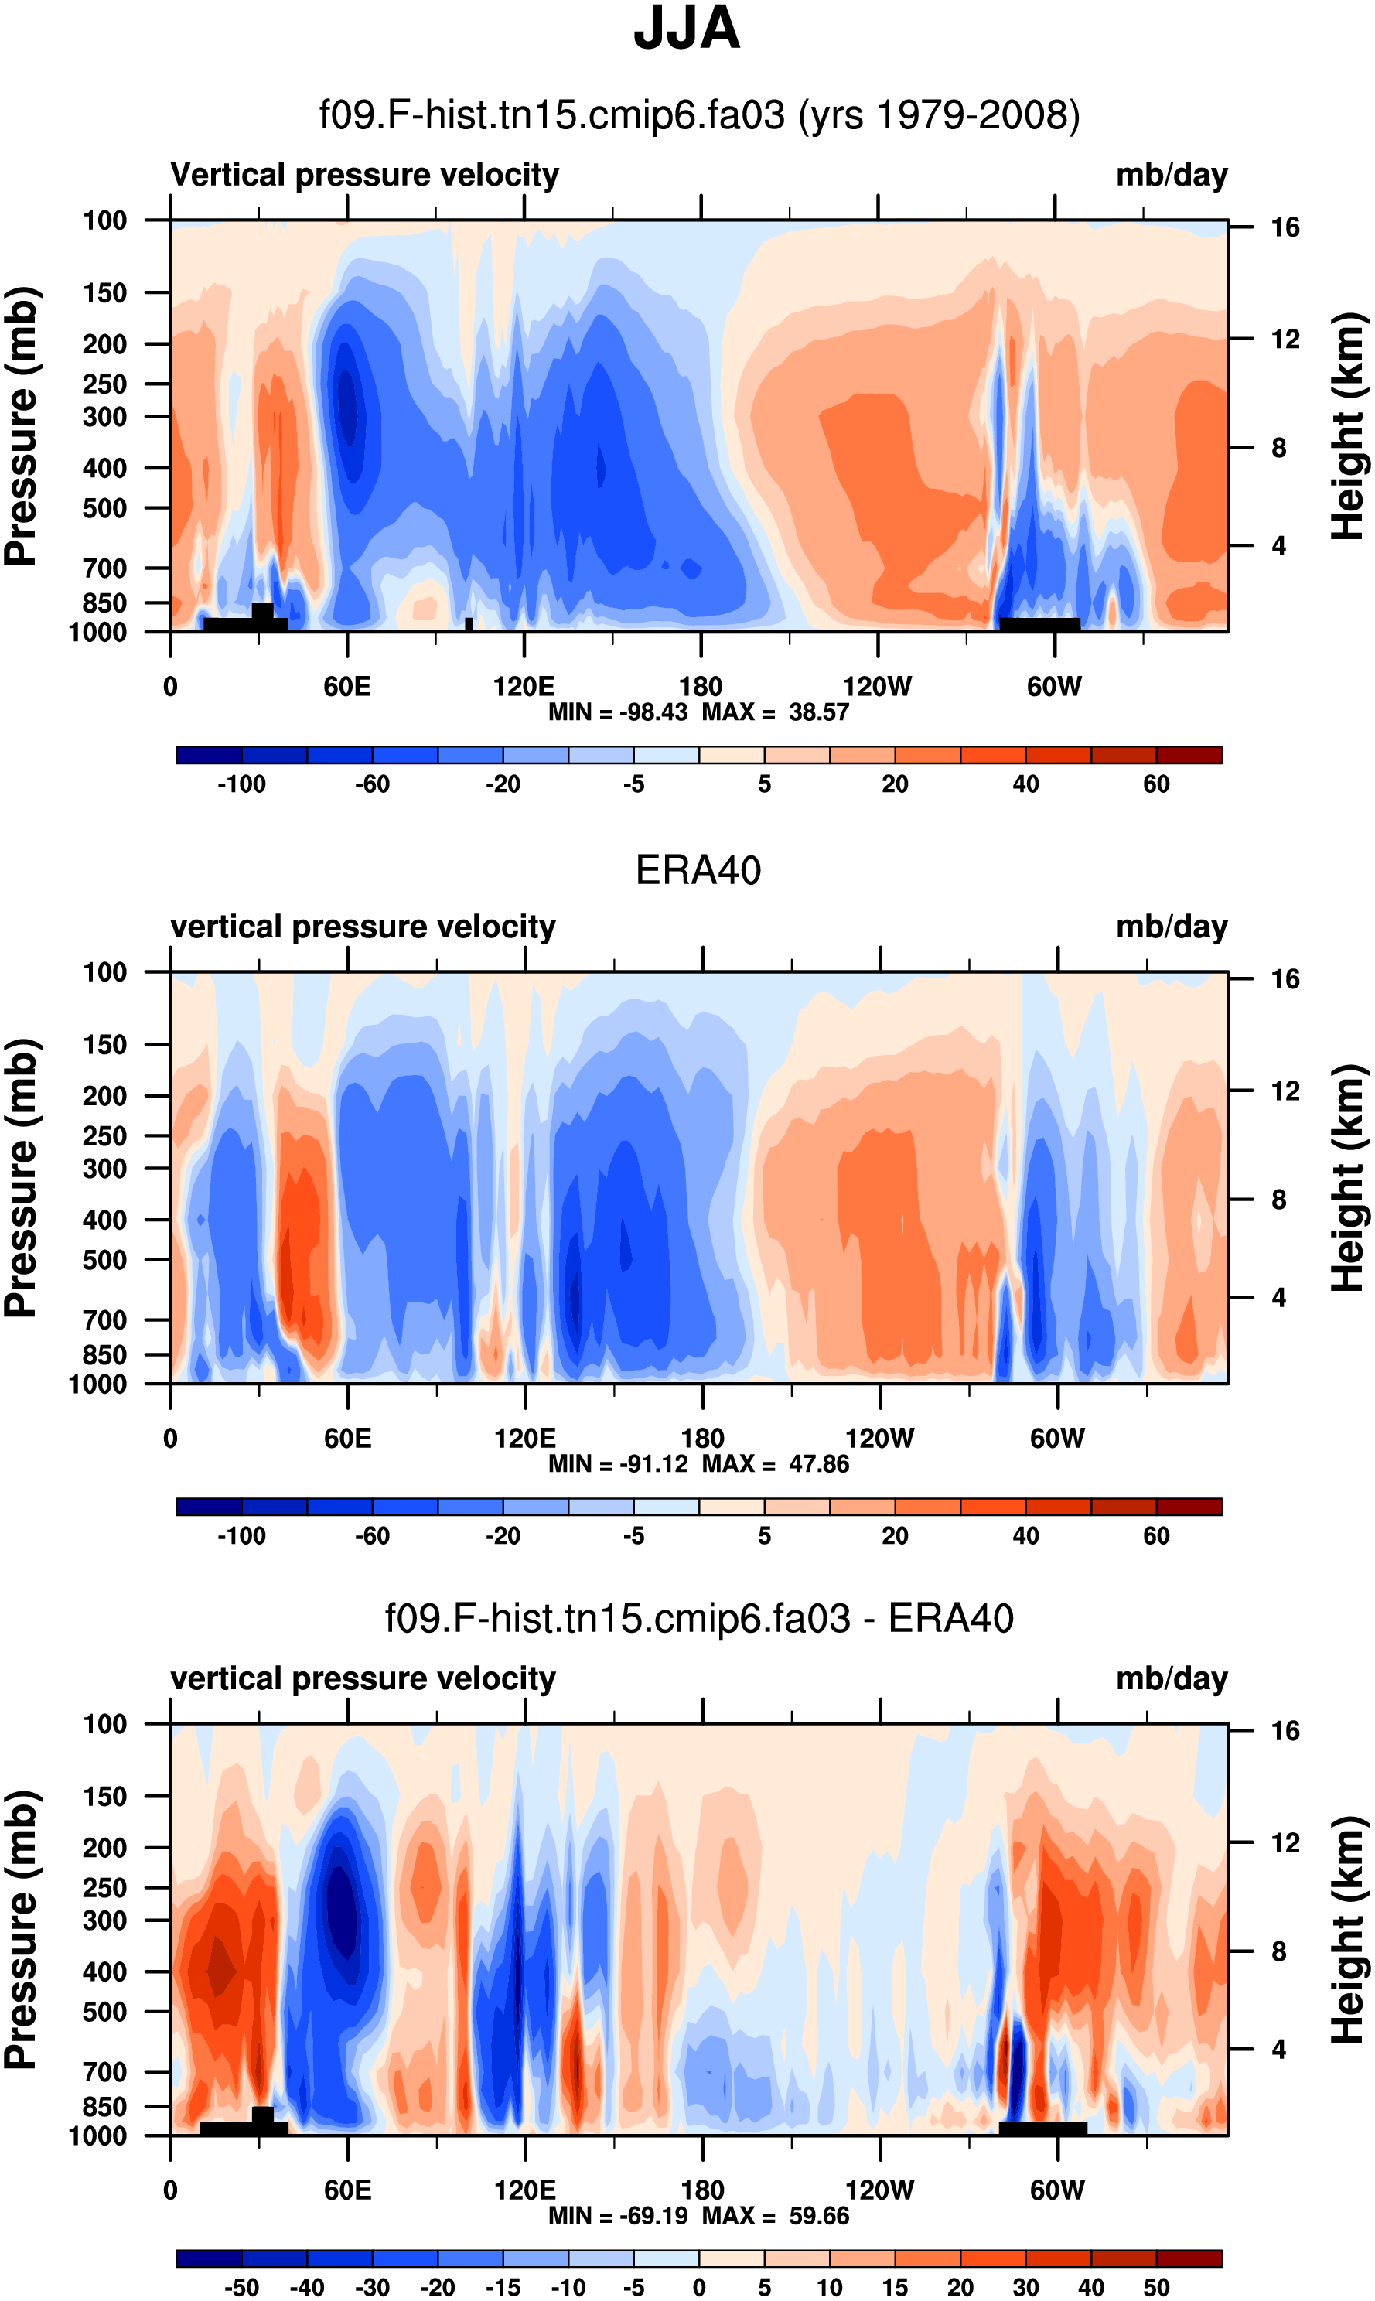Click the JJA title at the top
point(687,29)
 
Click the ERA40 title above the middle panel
point(698,870)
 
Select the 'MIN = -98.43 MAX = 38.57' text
point(698,712)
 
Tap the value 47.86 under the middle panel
point(818,1464)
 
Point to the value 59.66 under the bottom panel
point(818,2216)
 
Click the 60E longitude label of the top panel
point(346,687)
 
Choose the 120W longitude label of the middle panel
point(879,1439)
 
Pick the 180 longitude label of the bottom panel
point(701,2190)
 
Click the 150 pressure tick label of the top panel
point(104,293)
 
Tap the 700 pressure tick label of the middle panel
point(104,1319)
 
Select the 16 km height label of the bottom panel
point(1285,1731)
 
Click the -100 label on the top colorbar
point(241,784)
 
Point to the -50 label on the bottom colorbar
point(241,2287)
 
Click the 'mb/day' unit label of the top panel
point(1171,175)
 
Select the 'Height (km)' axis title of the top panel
point(1348,426)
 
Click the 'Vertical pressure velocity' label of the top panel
point(364,175)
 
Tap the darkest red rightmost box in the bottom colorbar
point(1189,2258)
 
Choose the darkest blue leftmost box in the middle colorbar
point(209,1507)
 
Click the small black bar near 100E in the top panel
point(469,623)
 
